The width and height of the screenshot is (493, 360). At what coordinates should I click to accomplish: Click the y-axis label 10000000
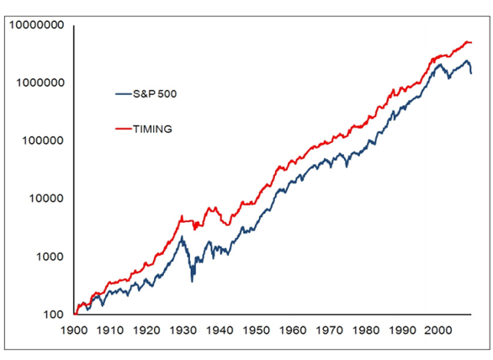[36, 25]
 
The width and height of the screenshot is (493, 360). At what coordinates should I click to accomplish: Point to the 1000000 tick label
[40, 82]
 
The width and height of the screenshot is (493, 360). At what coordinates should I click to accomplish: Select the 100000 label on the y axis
[43, 140]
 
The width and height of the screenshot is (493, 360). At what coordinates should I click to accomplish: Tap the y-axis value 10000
[46, 199]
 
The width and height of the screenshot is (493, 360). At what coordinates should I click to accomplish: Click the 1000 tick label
[50, 257]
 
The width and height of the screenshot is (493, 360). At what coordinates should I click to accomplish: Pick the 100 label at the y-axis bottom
[54, 315]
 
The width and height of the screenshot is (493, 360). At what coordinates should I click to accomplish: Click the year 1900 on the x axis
[74, 331]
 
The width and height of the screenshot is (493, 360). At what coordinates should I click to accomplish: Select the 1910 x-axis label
[110, 331]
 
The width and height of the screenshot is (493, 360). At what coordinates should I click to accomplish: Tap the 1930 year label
[183, 331]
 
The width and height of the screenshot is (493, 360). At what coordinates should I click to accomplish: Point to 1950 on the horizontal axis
[257, 331]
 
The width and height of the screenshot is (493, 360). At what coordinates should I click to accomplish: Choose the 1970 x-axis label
[330, 331]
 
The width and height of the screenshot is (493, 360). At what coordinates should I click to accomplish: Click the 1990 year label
[402, 331]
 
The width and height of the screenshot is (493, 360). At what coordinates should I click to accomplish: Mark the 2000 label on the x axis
[438, 331]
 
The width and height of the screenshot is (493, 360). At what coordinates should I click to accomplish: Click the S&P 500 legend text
[155, 93]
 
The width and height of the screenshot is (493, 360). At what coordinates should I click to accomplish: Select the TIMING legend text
[152, 129]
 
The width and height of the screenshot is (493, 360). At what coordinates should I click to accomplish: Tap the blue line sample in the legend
[123, 93]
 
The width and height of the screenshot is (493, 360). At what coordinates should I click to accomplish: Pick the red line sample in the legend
[123, 129]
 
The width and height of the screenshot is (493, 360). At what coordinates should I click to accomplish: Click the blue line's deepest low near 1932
[192, 282]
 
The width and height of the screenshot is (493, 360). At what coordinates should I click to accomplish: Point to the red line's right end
[472, 42]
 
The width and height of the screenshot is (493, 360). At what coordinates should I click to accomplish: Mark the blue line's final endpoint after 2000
[471, 73]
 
